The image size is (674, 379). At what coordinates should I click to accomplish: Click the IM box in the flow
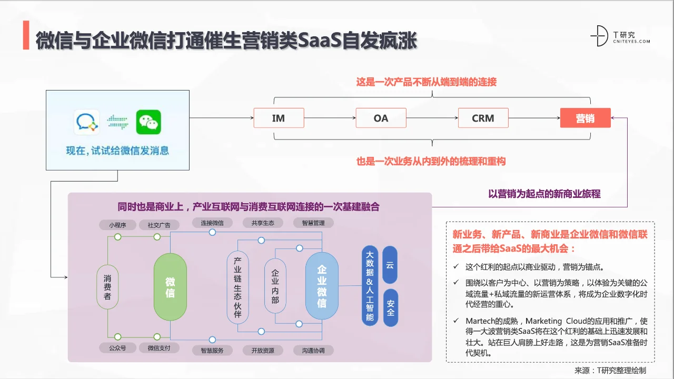[x=279, y=118]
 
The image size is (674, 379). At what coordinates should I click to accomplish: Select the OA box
[x=381, y=118]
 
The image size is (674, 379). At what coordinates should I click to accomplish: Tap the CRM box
[x=483, y=118]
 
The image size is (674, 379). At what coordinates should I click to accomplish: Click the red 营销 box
[x=585, y=118]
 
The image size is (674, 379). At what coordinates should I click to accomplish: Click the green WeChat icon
[x=148, y=122]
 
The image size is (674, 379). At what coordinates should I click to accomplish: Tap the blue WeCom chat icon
[x=86, y=122]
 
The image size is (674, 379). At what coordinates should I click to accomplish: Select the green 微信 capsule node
[x=170, y=287]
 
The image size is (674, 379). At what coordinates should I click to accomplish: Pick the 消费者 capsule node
[x=107, y=287]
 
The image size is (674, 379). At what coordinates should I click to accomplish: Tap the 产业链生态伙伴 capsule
[x=237, y=287]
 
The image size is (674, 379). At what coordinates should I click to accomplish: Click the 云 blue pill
[x=390, y=265]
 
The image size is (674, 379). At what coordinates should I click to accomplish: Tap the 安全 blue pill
[x=390, y=308]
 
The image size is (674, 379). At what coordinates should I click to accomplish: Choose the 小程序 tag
[x=117, y=225]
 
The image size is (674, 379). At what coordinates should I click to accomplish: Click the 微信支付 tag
[x=159, y=348]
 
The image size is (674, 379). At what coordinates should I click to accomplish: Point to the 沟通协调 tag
[x=313, y=350]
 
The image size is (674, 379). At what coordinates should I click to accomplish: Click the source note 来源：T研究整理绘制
[x=610, y=370]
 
